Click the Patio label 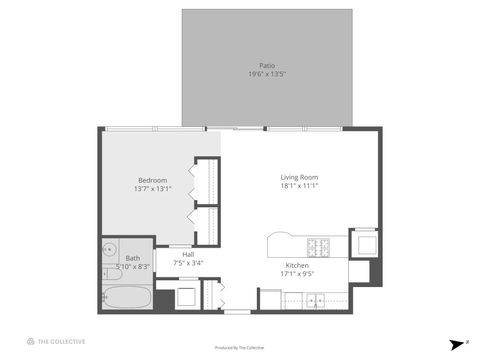coord(267,66)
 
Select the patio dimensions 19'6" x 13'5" coord(267,74)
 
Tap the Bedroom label coord(153,180)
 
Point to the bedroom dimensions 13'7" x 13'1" coord(153,188)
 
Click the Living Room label coord(298,177)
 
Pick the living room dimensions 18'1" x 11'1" coord(298,185)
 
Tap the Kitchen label coord(298,265)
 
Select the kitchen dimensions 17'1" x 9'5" coord(298,273)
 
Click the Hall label coord(188,254)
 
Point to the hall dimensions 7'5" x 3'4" coord(188,262)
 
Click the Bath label coord(132,258)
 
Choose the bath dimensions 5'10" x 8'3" coord(133,266)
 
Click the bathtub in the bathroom coord(127,297)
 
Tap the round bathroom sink coord(110,250)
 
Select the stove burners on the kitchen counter coord(319,246)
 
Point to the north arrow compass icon coord(452,341)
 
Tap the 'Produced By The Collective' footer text coord(240,348)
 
